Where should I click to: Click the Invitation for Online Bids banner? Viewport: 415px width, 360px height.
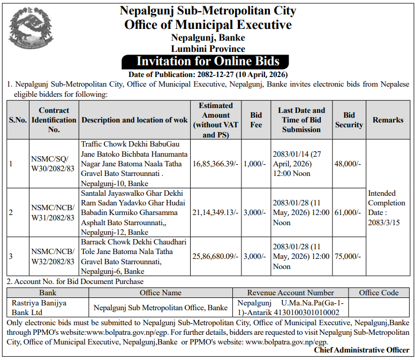[208, 61]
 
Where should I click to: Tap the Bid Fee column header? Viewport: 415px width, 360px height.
[256, 120]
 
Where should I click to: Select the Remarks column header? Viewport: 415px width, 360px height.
[388, 120]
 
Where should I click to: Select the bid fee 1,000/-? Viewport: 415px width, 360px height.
[254, 164]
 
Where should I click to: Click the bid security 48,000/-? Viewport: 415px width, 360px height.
[348, 164]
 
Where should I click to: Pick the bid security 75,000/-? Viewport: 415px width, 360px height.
[348, 257]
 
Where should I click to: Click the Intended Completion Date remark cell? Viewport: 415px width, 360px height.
[387, 208]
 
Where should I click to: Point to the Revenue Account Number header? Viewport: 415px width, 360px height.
[290, 293]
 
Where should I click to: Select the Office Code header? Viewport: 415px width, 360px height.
[379, 293]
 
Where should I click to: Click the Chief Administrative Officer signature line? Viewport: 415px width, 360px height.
[361, 350]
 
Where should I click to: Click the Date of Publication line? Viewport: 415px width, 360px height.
[208, 74]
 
